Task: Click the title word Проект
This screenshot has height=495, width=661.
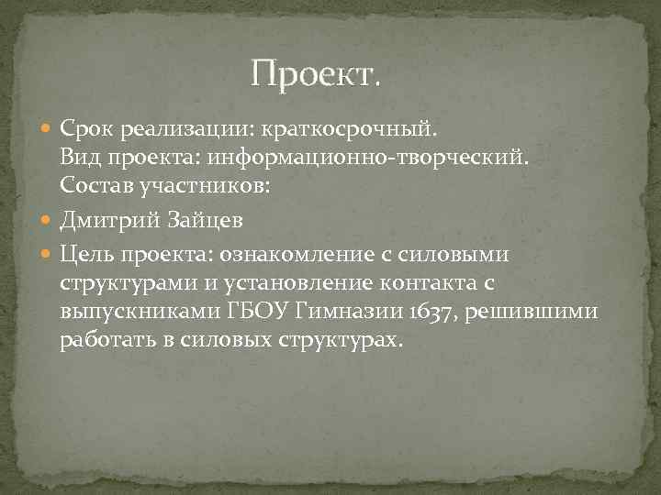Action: (x=314, y=71)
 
